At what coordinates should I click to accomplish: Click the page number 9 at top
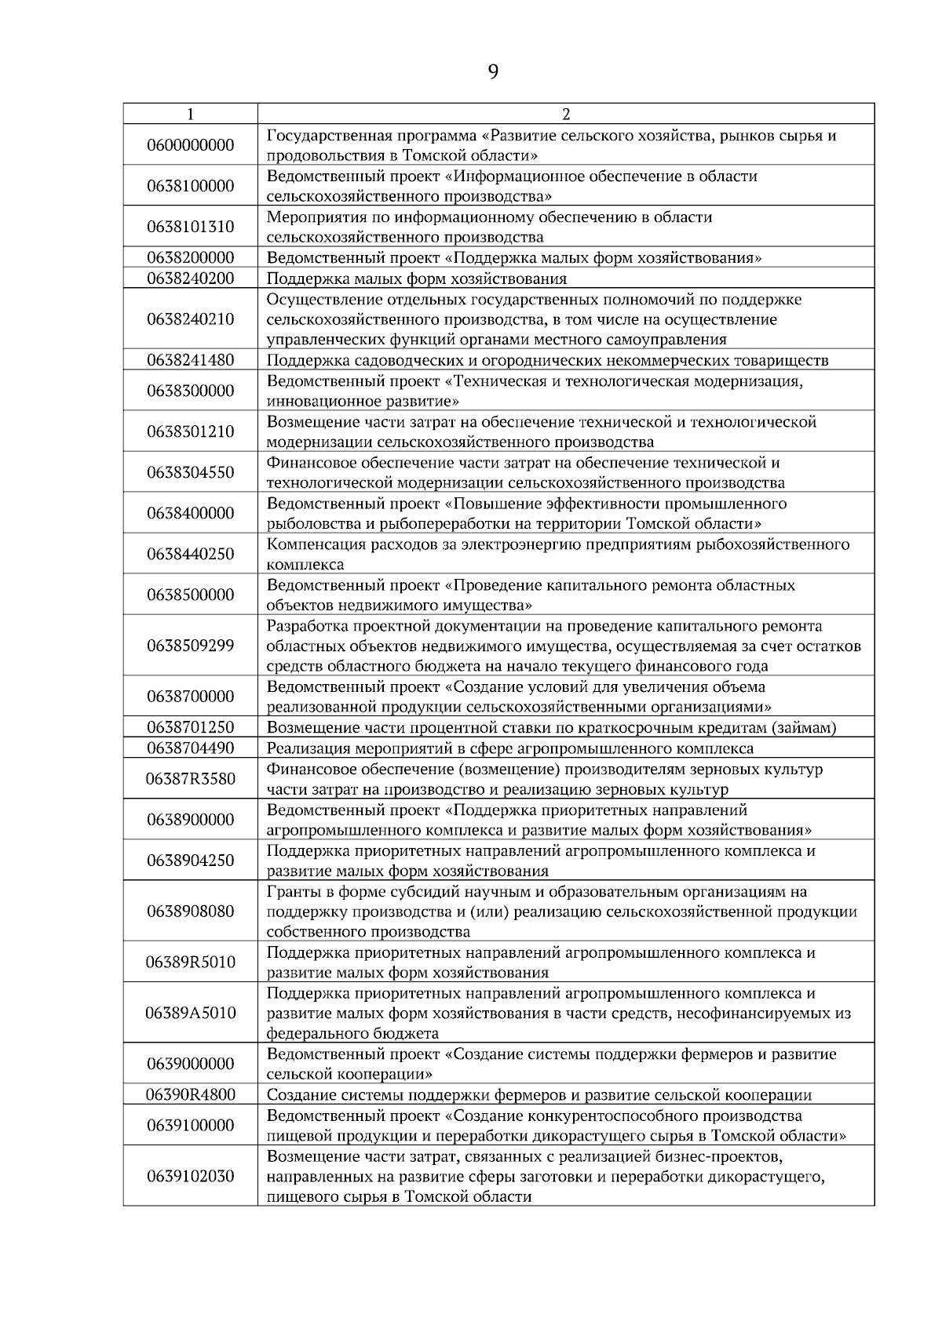point(493,72)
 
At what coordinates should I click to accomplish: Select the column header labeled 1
point(191,115)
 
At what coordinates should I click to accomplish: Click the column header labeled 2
point(566,115)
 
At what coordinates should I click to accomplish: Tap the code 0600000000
point(191,145)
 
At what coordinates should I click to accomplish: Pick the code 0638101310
point(191,227)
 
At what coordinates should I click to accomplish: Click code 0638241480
point(191,360)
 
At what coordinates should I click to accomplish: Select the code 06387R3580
point(191,779)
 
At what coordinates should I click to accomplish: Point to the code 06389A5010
point(191,1013)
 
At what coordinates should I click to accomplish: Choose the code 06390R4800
point(191,1094)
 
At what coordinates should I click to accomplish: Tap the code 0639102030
point(191,1177)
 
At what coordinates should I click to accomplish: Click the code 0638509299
point(191,646)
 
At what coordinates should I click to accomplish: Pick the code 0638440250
point(191,554)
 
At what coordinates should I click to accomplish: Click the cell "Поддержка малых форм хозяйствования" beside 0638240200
point(417,278)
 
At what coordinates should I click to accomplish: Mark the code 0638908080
point(191,912)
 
